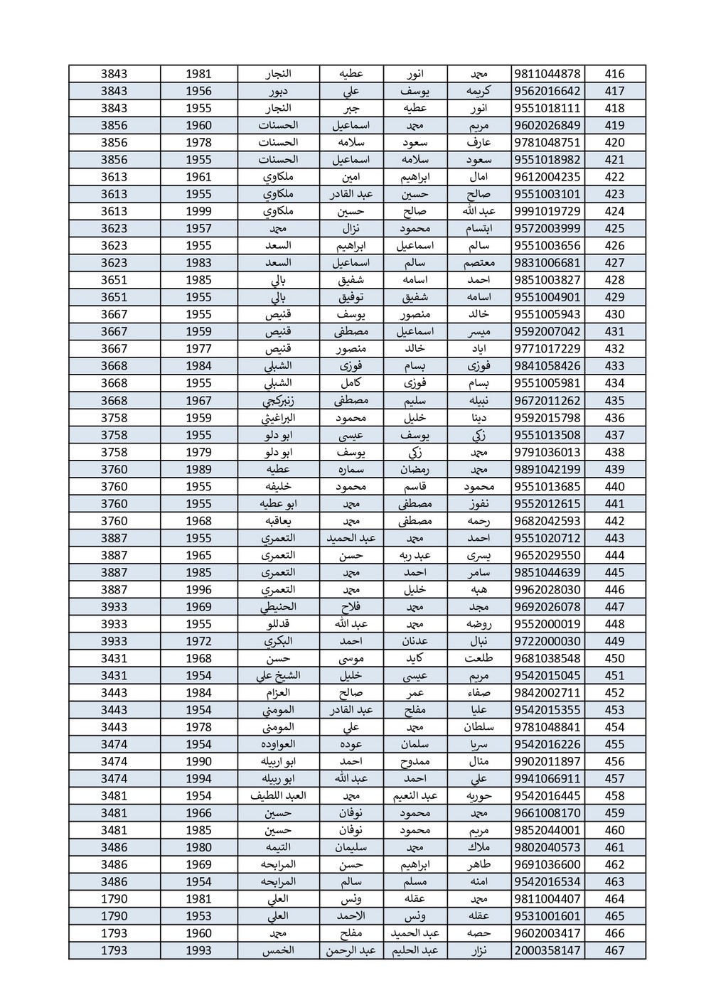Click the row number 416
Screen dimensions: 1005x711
(x=614, y=74)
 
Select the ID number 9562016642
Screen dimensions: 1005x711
(x=547, y=91)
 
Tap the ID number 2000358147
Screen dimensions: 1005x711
(x=547, y=950)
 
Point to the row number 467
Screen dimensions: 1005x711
(x=614, y=950)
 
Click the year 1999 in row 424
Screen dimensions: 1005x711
(x=198, y=211)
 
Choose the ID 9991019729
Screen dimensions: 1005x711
(x=547, y=211)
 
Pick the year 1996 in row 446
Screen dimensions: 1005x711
(x=198, y=589)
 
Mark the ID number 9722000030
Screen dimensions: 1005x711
(x=547, y=641)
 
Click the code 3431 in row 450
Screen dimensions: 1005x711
(x=114, y=658)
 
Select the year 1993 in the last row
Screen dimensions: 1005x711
(x=198, y=950)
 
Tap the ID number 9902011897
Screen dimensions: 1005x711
(x=547, y=761)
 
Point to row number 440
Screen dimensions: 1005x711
(x=614, y=487)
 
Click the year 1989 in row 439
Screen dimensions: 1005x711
(x=198, y=469)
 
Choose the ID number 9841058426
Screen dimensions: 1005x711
(x=547, y=366)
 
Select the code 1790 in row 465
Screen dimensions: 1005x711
(x=114, y=916)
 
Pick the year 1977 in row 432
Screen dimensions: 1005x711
(x=198, y=349)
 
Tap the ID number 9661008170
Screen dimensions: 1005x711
(x=547, y=813)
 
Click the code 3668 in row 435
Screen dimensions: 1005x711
(x=114, y=401)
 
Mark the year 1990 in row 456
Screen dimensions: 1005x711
(x=198, y=761)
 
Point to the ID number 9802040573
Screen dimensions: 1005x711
(x=547, y=847)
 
